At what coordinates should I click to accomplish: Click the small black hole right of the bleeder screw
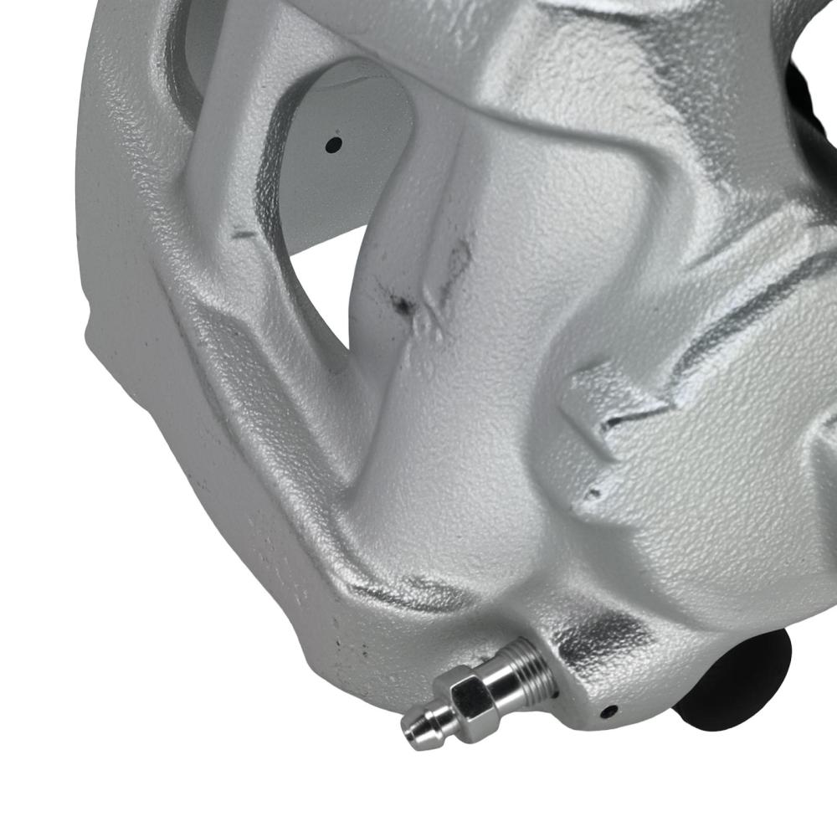(610, 711)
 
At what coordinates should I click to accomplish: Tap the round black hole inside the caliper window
(333, 144)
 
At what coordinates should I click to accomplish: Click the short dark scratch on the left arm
(244, 234)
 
